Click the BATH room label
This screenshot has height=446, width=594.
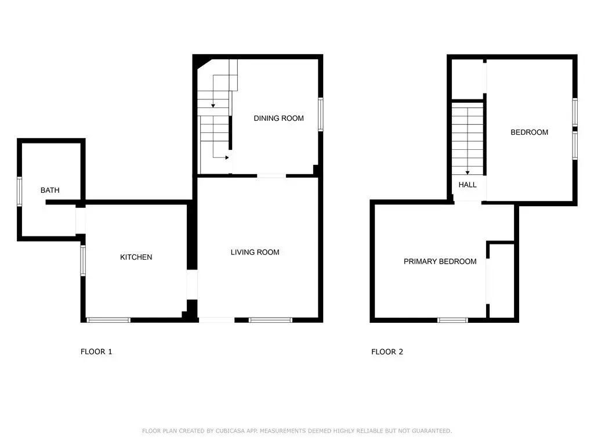[x=50, y=190]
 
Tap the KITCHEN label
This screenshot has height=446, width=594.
[x=136, y=257]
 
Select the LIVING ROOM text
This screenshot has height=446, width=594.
[x=255, y=252]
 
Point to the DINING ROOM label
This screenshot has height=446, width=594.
[x=279, y=118]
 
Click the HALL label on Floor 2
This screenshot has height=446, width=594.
[x=468, y=185]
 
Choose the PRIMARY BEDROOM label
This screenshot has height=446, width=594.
[x=440, y=261]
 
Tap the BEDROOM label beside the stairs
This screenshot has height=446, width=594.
[x=529, y=132]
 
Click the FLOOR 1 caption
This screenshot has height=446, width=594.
[x=96, y=351]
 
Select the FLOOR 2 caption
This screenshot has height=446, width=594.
[x=387, y=351]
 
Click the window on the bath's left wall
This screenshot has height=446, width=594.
[x=19, y=192]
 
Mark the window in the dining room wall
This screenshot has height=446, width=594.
[x=320, y=114]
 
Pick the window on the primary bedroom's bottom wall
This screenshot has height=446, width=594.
[x=452, y=321]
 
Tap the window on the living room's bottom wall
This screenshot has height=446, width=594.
[x=270, y=321]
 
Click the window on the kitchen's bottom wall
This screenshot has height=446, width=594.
[x=108, y=321]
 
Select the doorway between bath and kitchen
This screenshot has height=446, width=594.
[x=81, y=221]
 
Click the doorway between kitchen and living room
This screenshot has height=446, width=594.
[x=193, y=285]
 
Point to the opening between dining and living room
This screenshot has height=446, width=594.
[x=271, y=176]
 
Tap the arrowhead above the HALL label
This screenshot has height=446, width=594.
[x=468, y=173]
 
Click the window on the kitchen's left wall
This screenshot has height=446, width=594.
[x=83, y=261]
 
